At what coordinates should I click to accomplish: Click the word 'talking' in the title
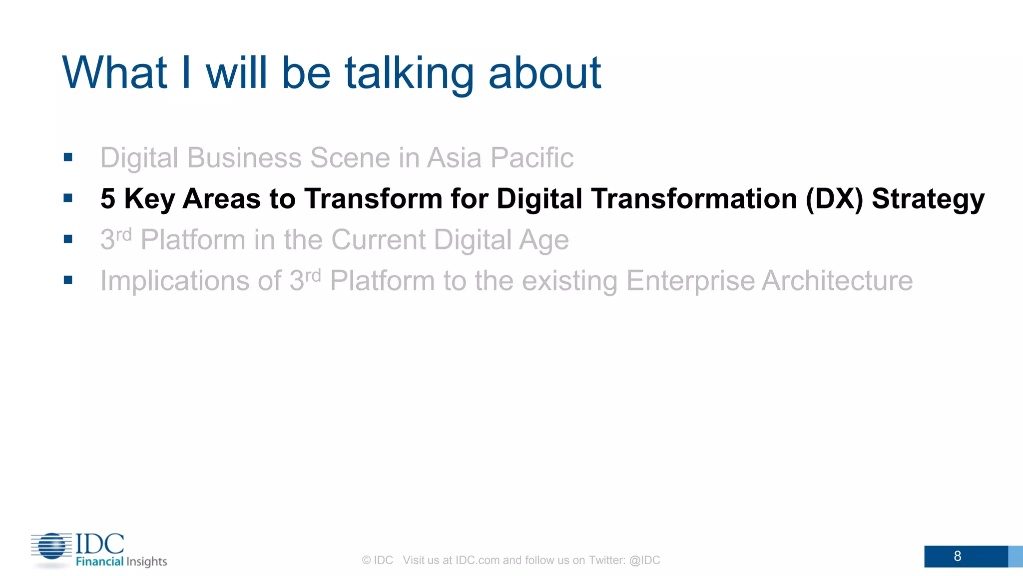(x=409, y=74)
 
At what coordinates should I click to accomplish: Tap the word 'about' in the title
(x=544, y=74)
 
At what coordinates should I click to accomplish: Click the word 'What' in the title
(x=114, y=74)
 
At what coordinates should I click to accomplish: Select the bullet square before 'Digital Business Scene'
(x=68, y=157)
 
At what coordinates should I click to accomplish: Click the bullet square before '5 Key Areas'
(x=68, y=198)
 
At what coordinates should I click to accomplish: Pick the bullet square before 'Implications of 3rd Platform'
(x=68, y=280)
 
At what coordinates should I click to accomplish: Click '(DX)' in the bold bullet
(x=834, y=199)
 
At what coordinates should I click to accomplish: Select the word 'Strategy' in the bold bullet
(x=928, y=199)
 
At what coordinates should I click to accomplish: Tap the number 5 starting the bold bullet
(x=107, y=199)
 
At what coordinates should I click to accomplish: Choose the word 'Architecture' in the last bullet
(x=837, y=281)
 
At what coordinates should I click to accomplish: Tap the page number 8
(x=957, y=556)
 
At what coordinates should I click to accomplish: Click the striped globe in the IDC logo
(x=52, y=546)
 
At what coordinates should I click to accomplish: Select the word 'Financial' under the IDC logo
(x=99, y=561)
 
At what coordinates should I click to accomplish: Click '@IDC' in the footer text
(x=644, y=560)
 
